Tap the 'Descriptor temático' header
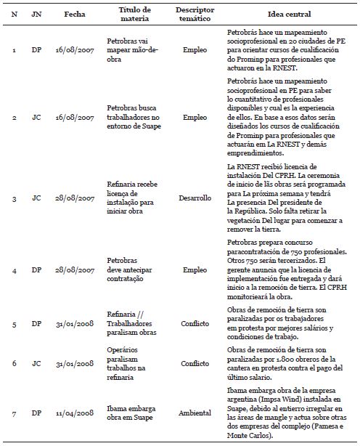pyautogui.click(x=194, y=15)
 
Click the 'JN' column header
pyautogui.click(x=36, y=15)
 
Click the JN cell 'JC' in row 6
pyautogui.click(x=36, y=362)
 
